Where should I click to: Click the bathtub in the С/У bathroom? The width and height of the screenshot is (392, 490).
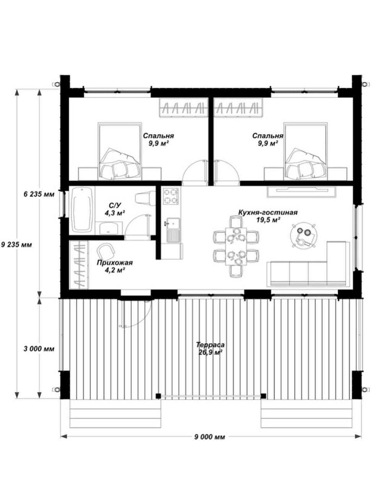tap(82, 210)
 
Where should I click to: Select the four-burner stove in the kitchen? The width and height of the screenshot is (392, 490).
tap(171, 196)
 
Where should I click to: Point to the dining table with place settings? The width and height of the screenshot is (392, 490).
tap(236, 246)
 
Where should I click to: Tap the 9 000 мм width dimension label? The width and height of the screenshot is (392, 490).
tap(210, 437)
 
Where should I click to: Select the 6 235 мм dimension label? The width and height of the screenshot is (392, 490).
tap(39, 194)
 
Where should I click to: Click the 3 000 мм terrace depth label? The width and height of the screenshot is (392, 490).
tap(39, 349)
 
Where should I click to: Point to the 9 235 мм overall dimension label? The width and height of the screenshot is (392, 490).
tap(16, 245)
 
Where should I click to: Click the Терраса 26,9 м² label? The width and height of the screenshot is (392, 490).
tap(210, 348)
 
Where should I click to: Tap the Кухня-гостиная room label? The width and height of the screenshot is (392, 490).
tap(268, 212)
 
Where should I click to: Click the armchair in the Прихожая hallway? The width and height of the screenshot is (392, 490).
tap(106, 251)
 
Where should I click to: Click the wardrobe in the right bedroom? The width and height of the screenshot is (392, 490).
tap(238, 108)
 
